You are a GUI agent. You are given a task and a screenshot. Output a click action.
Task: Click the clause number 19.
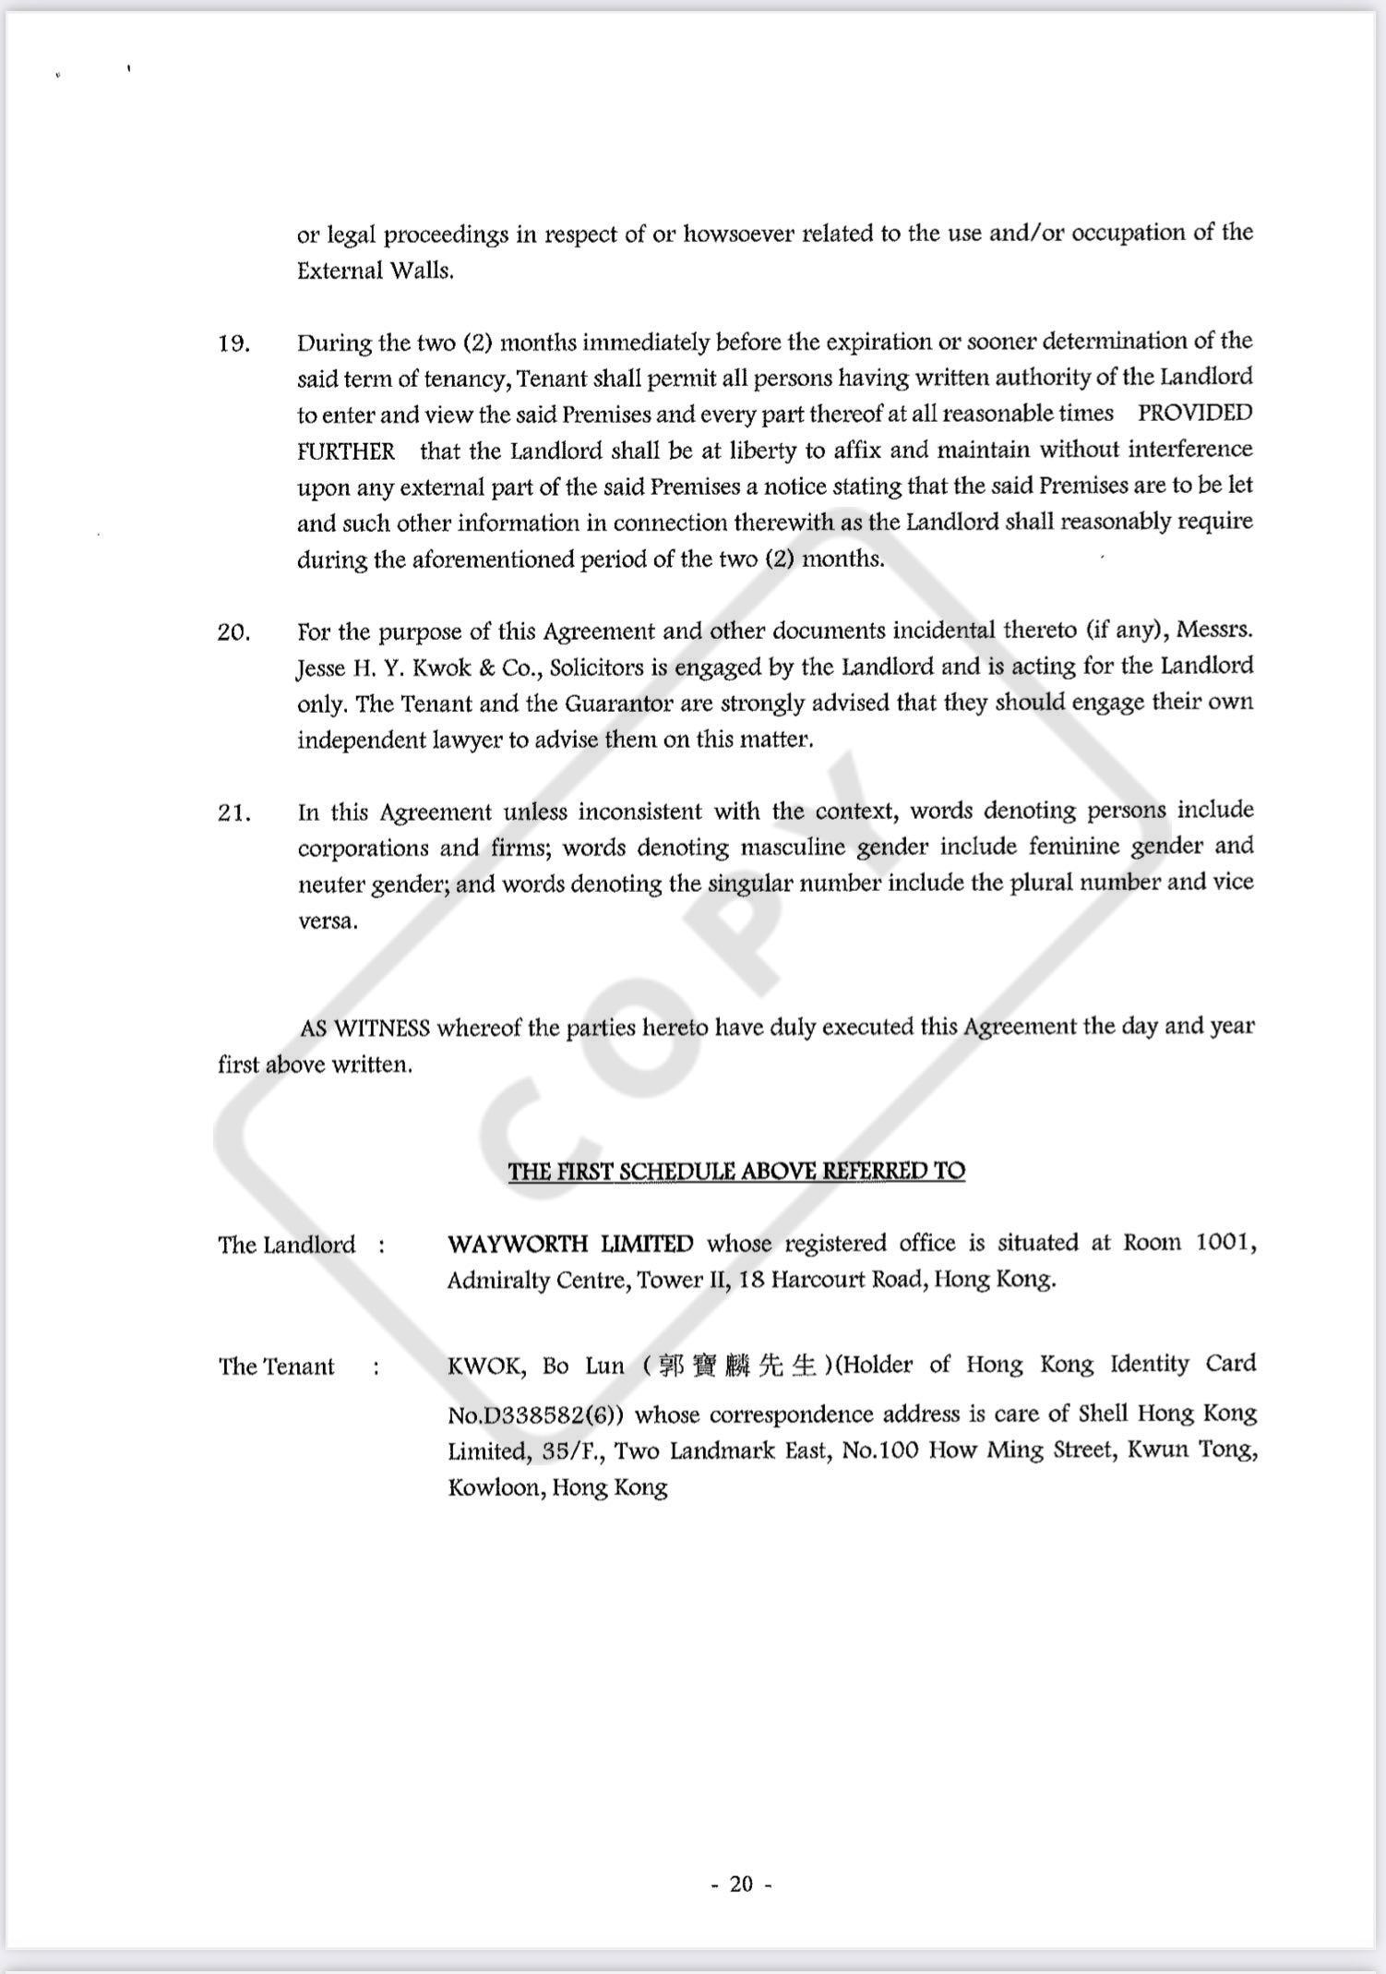tap(233, 344)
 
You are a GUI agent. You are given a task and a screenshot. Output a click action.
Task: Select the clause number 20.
tap(233, 633)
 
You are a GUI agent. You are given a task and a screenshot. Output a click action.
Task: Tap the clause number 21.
tap(233, 813)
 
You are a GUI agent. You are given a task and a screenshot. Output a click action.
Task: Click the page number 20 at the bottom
tap(741, 1884)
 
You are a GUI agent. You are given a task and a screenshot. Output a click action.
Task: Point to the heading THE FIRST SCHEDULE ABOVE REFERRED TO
tap(736, 1171)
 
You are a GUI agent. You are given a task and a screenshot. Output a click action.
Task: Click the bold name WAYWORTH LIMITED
tap(569, 1244)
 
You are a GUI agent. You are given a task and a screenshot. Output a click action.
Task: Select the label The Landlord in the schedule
tap(286, 1245)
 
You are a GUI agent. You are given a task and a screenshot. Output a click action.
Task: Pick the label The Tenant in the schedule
tap(276, 1366)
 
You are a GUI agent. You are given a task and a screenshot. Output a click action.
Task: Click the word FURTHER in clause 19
tap(345, 451)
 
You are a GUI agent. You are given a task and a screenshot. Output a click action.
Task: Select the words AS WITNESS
tap(364, 1028)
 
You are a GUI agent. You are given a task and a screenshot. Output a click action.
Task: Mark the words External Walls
tap(375, 271)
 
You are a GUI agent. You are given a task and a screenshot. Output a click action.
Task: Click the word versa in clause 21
tap(327, 921)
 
